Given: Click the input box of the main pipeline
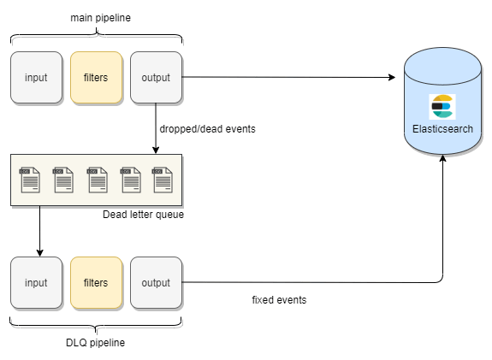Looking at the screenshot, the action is [37, 78].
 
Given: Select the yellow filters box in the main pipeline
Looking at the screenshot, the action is [97, 78].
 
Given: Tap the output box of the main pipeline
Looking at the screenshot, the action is [157, 78].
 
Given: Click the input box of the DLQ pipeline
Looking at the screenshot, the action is [37, 282].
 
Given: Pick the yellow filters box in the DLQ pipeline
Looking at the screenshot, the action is [97, 282].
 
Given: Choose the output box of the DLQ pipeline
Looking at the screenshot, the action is [157, 282].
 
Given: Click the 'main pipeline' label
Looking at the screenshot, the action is [100, 18].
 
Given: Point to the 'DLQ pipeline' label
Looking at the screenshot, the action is [95, 342].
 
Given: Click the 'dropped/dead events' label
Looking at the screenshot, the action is [207, 129].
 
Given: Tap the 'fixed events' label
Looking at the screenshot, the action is [279, 300].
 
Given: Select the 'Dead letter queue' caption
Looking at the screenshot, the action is [144, 215].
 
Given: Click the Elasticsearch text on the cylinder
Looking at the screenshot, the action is [442, 129].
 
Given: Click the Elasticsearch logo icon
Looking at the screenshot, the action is [442, 107].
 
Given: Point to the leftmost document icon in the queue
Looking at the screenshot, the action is [30, 180].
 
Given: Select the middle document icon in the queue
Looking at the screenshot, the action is [98, 180].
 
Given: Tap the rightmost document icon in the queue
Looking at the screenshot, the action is [163, 180].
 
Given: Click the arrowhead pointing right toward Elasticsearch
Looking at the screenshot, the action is [392, 77].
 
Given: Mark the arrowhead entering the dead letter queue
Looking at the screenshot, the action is [156, 150].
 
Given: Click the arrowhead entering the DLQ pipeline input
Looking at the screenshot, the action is [40, 253].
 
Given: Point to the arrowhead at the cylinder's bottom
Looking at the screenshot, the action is [442, 158].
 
